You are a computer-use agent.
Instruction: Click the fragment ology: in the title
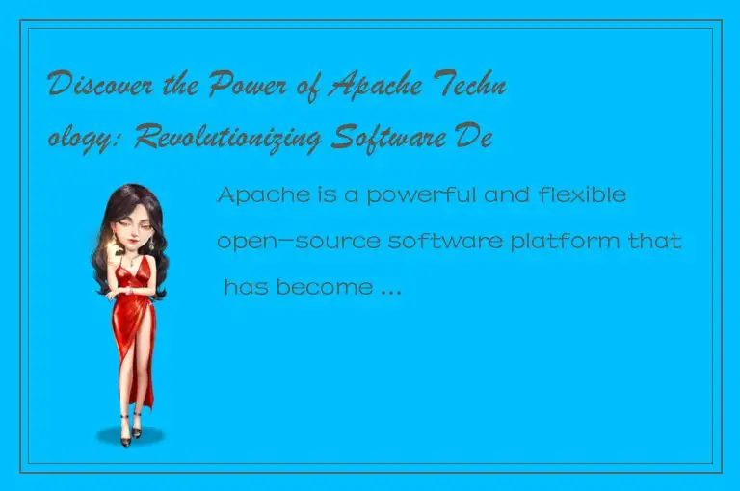point(88,139)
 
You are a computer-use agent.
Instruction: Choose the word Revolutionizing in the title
point(230,139)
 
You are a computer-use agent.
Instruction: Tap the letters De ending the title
point(477,139)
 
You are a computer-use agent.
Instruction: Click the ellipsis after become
point(384,289)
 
